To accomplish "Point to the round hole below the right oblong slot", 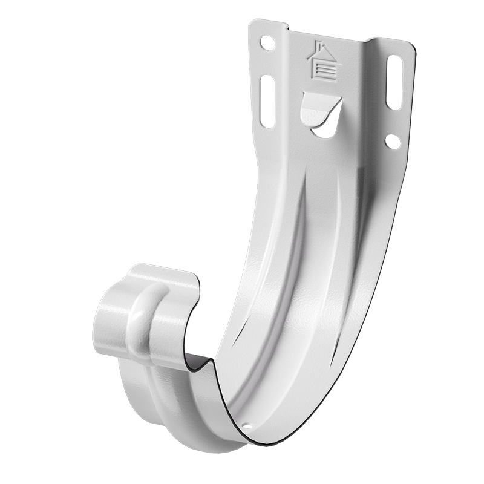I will (393, 142).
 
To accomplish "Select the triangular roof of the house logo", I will (325, 54).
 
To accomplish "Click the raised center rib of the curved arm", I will (302, 272).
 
